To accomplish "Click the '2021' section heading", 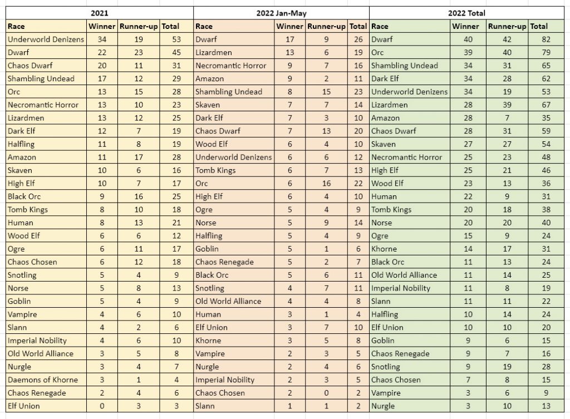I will pos(99,12).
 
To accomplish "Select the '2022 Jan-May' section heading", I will pos(281,12).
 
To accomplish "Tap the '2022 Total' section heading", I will pos(469,12).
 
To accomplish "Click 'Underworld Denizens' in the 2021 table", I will pos(46,39).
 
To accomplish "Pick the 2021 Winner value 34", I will pos(102,39).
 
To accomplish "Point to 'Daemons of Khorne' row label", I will pos(43,379).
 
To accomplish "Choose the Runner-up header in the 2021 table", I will pos(139,26).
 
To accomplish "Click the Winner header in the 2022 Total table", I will pos(465,26).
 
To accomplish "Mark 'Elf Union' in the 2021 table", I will pos(24,406).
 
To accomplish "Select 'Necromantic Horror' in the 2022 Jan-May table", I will pos(231,65).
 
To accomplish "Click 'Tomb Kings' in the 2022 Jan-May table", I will pos(215,170).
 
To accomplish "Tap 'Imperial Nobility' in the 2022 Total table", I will pos(401,288).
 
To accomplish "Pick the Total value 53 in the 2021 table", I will pos(170,39).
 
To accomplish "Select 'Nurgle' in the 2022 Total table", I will pos(383,406).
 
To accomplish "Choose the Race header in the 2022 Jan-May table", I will pos(204,26).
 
